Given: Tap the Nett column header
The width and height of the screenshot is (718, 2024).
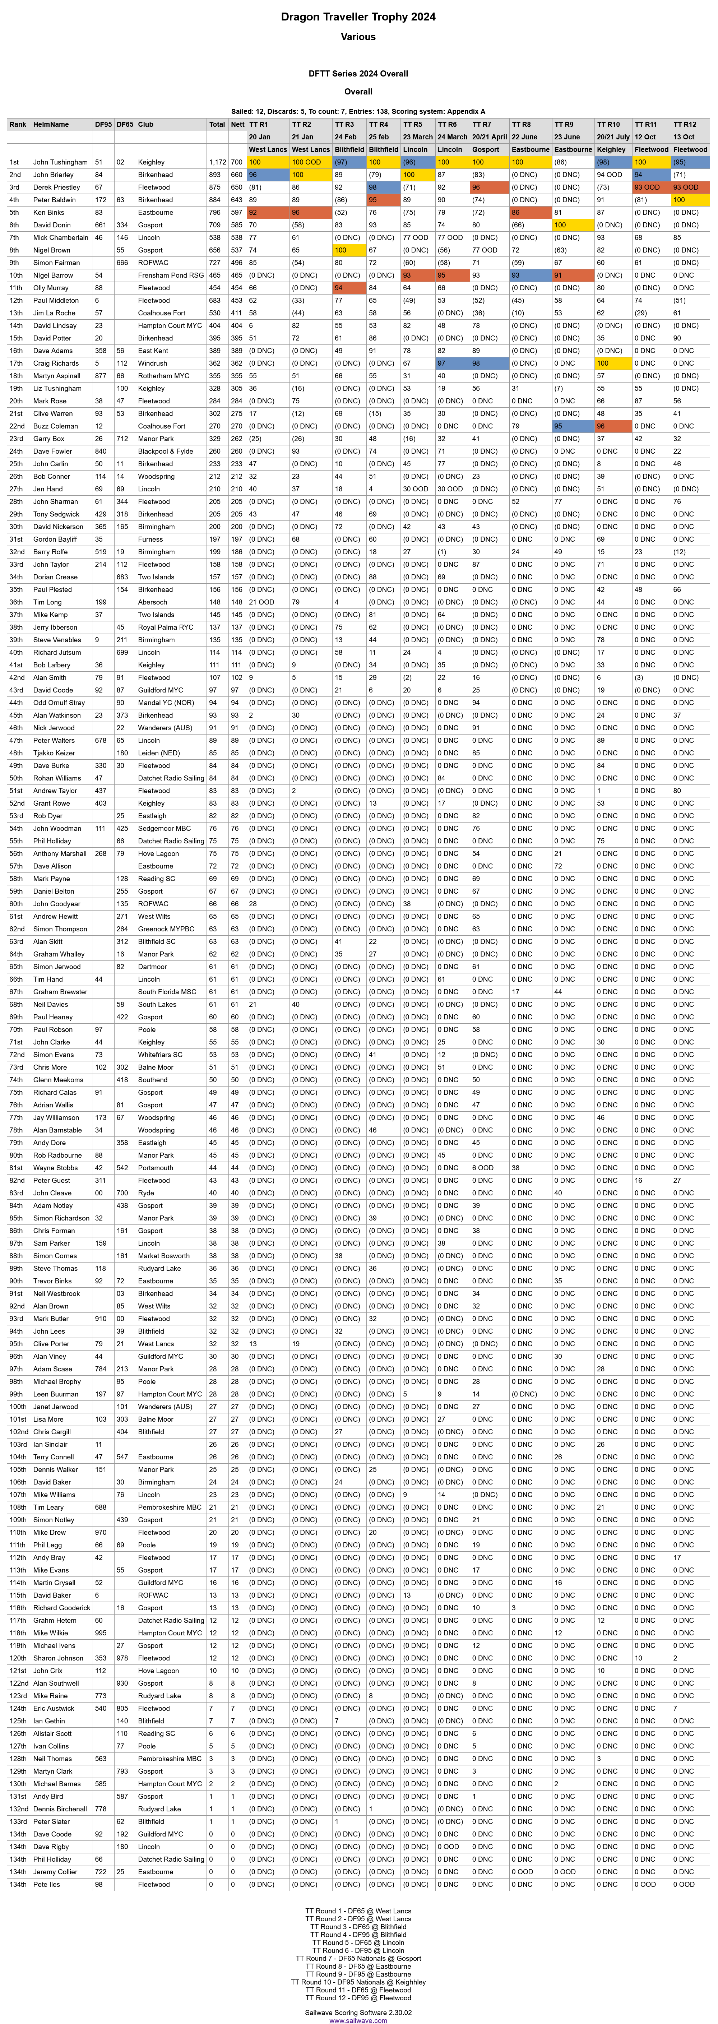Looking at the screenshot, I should pyautogui.click(x=237, y=124).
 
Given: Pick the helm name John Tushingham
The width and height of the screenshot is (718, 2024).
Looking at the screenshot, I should pyautogui.click(x=60, y=162).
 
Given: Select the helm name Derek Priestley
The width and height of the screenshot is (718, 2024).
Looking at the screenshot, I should pyautogui.click(x=56, y=187).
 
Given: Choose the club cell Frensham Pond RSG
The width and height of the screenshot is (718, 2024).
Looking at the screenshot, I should pyautogui.click(x=171, y=275).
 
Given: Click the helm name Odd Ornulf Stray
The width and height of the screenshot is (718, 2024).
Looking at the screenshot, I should pyautogui.click(x=59, y=703).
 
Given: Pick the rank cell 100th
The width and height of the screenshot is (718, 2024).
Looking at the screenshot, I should pyautogui.click(x=18, y=1407).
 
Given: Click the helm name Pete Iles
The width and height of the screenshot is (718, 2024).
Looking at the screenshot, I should pyautogui.click(x=46, y=1884).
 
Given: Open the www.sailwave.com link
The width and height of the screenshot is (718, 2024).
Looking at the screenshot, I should pyautogui.click(x=358, y=2020).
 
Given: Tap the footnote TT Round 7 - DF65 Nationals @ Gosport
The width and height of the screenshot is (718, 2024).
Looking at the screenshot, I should pyautogui.click(x=358, y=1958).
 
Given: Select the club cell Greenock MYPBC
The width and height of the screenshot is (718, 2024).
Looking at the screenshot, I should pyautogui.click(x=166, y=929).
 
